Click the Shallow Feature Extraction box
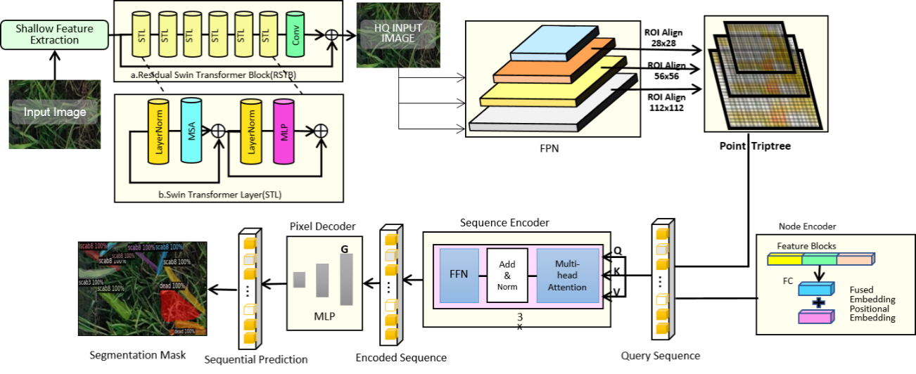54,34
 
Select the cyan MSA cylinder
191,131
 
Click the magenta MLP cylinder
284,131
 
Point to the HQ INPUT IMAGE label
398,33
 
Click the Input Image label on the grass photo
55,112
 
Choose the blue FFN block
459,275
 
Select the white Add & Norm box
507,275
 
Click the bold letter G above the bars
344,249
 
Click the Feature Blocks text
806,246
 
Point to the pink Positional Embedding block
816,317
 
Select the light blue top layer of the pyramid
552,46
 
